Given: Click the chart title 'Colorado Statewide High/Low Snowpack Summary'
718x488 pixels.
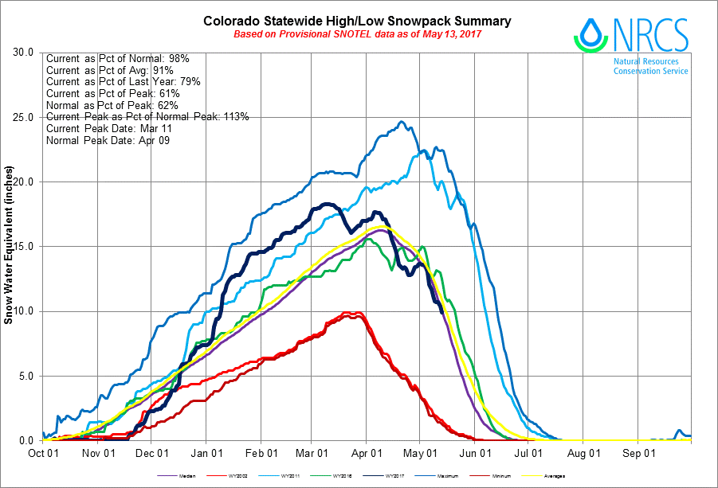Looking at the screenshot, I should [357, 21].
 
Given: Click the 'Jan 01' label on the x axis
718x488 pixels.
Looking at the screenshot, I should [206, 453].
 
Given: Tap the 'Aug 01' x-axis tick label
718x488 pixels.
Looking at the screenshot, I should [583, 453].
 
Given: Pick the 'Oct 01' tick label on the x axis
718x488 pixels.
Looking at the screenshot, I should [42, 453].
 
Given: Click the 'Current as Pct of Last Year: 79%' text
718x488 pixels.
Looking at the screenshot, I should [123, 82].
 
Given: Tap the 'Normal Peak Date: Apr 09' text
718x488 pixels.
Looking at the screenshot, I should [107, 140].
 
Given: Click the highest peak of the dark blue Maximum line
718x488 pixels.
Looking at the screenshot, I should [402, 122].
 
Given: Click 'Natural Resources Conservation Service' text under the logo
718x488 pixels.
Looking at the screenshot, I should [650, 66].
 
